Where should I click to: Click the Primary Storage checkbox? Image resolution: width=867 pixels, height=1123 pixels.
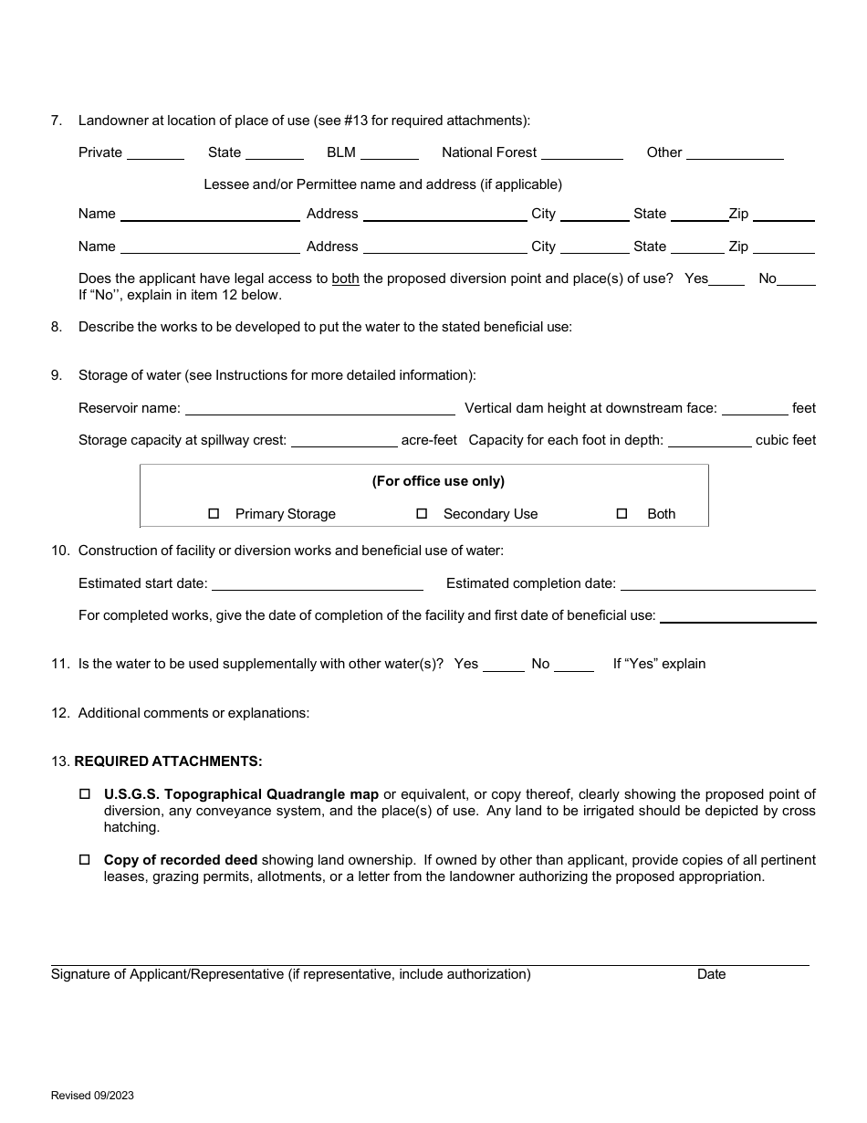point(214,514)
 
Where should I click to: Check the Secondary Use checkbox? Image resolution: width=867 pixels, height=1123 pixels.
point(422,514)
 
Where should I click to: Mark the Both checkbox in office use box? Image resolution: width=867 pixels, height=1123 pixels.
point(622,514)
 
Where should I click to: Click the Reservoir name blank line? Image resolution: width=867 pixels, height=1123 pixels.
point(319,410)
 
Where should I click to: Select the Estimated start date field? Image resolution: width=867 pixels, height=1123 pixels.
point(317,585)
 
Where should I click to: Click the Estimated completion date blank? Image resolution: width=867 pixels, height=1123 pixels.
point(717,585)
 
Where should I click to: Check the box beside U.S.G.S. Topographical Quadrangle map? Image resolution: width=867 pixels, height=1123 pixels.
point(85,794)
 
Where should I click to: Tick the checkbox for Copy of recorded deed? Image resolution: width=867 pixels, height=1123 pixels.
point(85,860)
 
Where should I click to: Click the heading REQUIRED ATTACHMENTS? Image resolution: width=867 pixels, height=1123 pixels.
point(168,761)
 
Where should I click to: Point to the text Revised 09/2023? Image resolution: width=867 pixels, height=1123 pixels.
point(92,1096)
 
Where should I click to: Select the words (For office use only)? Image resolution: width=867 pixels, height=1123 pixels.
point(438,481)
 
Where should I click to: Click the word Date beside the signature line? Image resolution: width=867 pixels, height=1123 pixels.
point(711,974)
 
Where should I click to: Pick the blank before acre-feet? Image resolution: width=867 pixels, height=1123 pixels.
point(343,442)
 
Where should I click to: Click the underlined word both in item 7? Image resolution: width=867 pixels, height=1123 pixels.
point(345,278)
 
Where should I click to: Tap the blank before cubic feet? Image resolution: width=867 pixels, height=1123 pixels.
point(709,442)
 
